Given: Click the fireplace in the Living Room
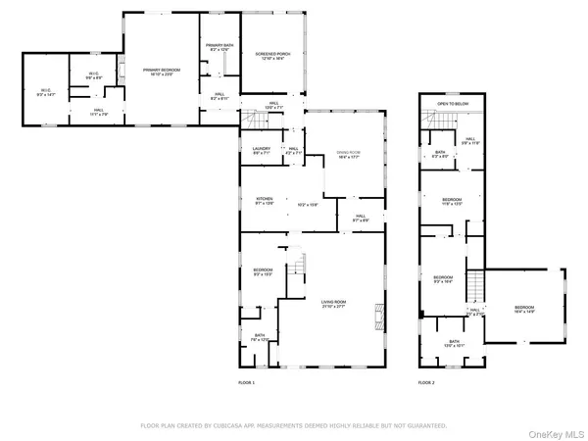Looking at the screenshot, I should click(x=375, y=316).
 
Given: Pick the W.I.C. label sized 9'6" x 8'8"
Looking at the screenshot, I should click(x=94, y=76).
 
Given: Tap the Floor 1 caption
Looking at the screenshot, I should click(x=246, y=381).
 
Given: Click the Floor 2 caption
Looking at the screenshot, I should click(x=425, y=381).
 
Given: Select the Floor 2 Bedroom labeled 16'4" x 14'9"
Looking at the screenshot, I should click(x=525, y=311).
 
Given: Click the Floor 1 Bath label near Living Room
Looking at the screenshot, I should click(x=259, y=337).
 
